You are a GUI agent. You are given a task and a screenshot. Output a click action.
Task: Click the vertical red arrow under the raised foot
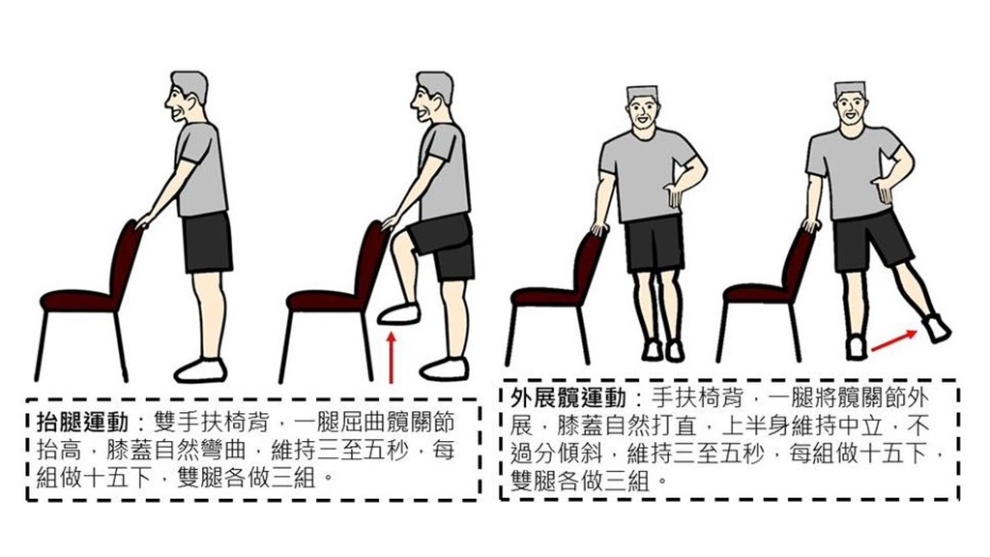(x=393, y=358)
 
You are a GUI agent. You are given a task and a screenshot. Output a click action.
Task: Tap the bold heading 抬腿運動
(x=83, y=422)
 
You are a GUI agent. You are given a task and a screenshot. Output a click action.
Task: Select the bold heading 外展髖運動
(x=568, y=397)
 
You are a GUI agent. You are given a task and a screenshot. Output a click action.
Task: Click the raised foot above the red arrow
(x=399, y=314)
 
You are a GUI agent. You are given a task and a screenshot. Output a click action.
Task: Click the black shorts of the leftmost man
(x=208, y=243)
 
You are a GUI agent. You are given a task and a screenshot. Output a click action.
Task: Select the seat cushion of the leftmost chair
(x=78, y=301)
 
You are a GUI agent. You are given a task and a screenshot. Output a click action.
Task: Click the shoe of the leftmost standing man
(x=200, y=370)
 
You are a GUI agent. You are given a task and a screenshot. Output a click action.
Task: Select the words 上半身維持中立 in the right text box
(x=801, y=425)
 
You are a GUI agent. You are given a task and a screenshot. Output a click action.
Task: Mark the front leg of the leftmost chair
(x=119, y=347)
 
